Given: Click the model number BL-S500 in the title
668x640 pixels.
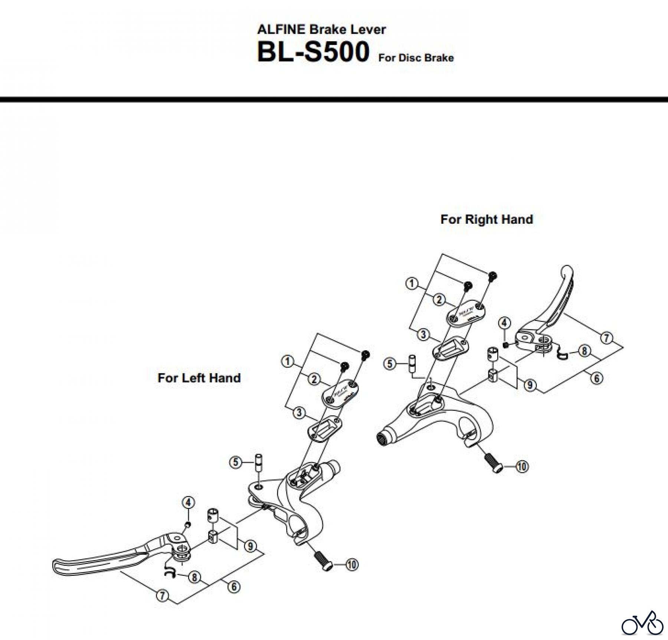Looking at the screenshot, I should click(313, 52).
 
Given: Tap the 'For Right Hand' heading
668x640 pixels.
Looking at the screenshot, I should click(487, 219).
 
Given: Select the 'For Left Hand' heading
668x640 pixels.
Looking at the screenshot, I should click(199, 378).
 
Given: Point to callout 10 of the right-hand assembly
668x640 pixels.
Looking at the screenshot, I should click(522, 466).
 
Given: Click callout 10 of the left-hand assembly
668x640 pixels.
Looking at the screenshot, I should click(352, 565).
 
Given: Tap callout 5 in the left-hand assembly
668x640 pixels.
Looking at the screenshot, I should click(235, 462).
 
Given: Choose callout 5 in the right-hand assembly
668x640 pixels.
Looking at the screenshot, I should click(389, 364).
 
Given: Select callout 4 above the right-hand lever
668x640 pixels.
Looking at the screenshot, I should click(504, 323).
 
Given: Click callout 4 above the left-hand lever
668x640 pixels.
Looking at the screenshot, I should click(188, 503).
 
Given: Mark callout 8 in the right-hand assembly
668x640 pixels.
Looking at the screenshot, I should click(584, 351).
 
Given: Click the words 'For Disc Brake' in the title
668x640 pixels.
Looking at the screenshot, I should click(416, 58).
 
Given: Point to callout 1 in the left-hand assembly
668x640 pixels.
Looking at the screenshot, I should click(288, 361).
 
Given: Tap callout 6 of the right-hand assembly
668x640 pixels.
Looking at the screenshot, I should click(596, 378).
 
